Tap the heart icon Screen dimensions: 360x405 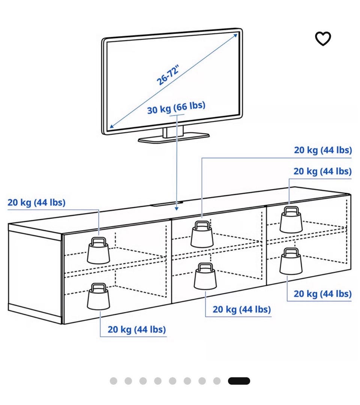pos(323,39)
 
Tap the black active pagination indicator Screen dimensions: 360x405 pos(239,381)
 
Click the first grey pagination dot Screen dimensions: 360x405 pos(114,381)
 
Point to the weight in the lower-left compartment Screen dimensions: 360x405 pos(98,297)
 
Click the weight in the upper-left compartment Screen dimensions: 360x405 pos(98,250)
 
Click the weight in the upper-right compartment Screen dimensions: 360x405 pos(291,220)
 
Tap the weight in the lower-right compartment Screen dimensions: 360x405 pos(291,261)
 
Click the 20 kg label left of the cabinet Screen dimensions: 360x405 pos(36,202)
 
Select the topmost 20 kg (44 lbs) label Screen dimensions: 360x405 pos(323,150)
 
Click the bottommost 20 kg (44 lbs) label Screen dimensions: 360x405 pos(136,330)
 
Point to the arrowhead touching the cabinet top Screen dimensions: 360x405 pos(177,208)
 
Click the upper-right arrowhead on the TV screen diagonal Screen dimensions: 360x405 pos(235,35)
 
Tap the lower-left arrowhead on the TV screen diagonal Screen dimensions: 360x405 pos(112,126)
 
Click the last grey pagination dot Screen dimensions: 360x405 pos(217,381)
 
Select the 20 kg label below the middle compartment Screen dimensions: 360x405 pos(241,309)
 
